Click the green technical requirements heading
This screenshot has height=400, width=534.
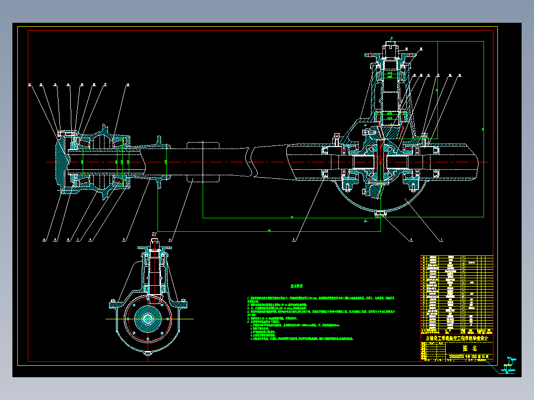coord(297,286)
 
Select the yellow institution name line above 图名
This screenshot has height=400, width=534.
coord(457,339)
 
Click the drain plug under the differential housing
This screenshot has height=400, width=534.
coord(380,214)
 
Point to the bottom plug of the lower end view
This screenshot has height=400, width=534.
coord(149,354)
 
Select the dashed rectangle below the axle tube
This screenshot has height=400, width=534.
coord(203,177)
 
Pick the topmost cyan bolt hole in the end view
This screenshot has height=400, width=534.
coord(149,299)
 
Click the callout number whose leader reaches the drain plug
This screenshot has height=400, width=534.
coord(410,240)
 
